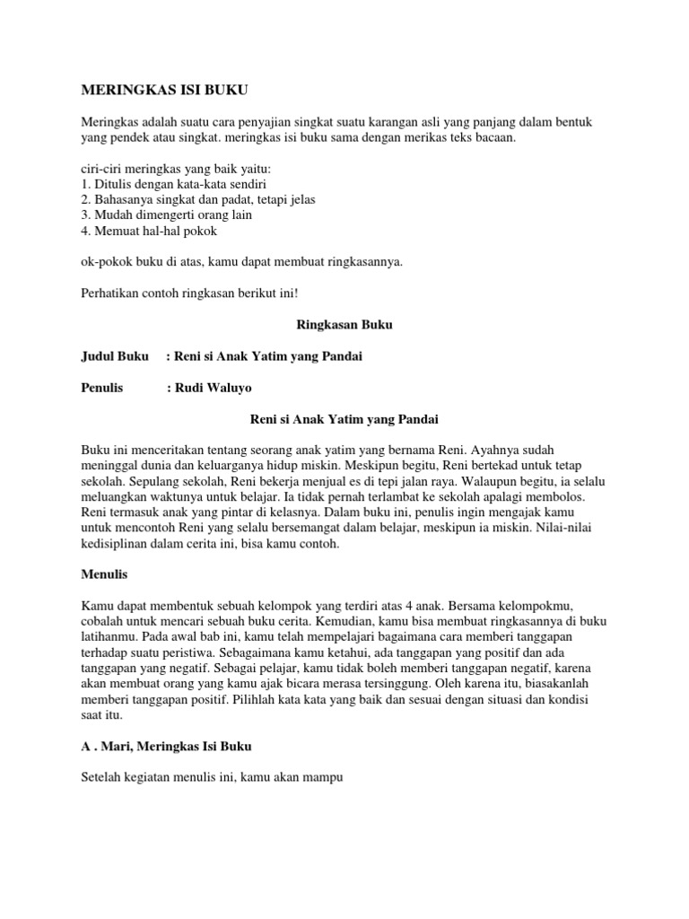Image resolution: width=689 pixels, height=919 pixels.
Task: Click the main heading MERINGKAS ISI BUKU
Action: [165, 92]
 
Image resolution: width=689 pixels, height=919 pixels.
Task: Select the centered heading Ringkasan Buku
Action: [344, 326]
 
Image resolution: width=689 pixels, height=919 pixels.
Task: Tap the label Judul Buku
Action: [116, 356]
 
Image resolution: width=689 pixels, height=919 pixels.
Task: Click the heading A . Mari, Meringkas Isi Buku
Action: [167, 747]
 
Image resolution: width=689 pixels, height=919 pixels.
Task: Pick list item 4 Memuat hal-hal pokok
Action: [149, 231]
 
